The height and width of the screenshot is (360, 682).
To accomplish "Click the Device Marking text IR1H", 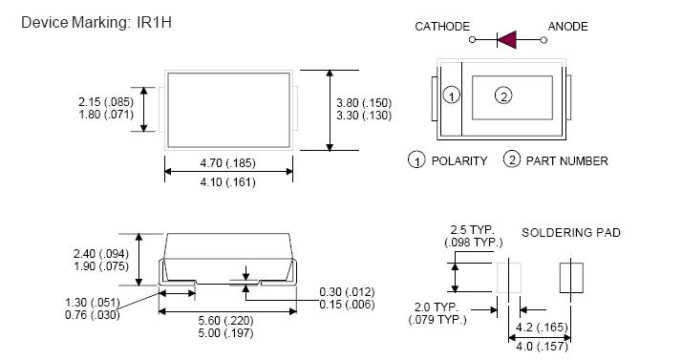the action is tap(154, 22).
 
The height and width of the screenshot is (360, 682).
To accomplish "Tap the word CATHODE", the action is tap(442, 27).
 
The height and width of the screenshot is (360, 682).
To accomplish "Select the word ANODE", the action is tap(567, 27).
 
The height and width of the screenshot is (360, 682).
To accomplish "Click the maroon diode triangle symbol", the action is tap(506, 40).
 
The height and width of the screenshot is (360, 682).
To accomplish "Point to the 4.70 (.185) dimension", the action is tap(227, 163).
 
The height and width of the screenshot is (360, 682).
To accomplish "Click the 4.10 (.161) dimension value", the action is tap(227, 181).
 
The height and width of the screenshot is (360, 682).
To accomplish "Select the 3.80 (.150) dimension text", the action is tap(364, 103).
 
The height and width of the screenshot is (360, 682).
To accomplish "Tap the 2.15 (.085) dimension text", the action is tap(106, 102).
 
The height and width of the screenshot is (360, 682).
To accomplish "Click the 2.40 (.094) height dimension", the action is tap(101, 253).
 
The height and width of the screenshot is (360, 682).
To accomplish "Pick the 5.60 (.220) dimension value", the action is tap(225, 321).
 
